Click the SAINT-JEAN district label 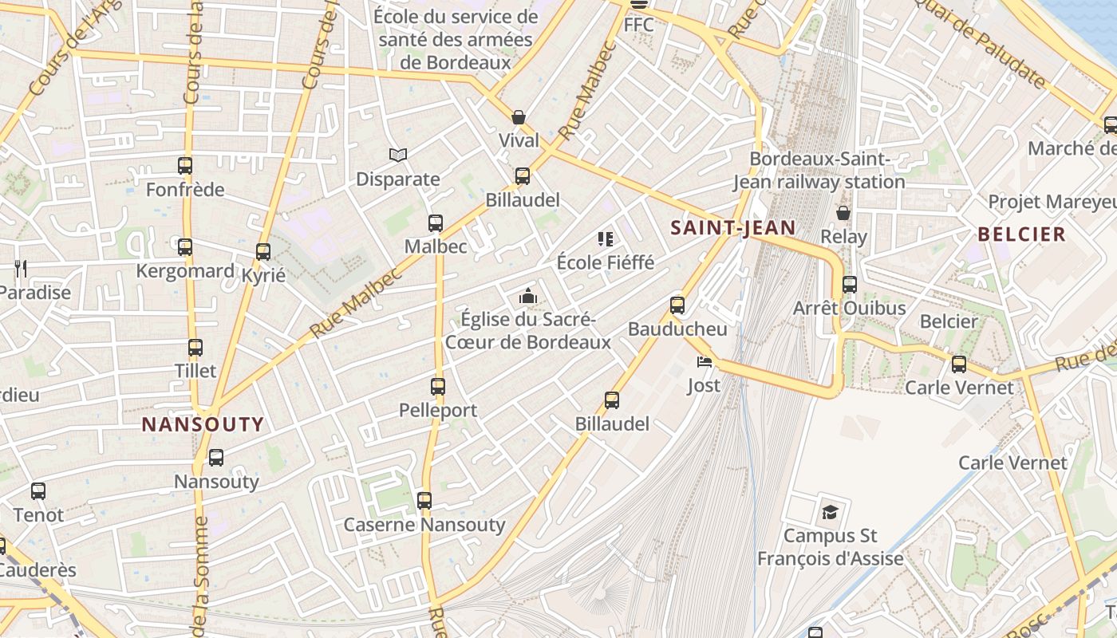click(732, 228)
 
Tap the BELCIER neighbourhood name click(1021, 234)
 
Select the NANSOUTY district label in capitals click(203, 424)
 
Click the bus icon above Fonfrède click(185, 166)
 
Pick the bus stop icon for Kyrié click(263, 252)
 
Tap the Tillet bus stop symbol click(195, 348)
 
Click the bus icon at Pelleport click(438, 387)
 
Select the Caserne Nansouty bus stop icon click(424, 501)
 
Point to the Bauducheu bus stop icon click(677, 305)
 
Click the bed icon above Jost click(704, 362)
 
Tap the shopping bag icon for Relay click(843, 213)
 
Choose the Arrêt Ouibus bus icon click(850, 285)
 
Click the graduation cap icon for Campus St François click(831, 511)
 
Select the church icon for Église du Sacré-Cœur click(527, 297)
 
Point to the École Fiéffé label click(605, 262)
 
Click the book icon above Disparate click(397, 155)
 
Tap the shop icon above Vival click(519, 117)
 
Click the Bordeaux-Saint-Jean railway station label click(819, 171)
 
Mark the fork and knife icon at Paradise click(21, 269)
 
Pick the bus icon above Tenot click(38, 491)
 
